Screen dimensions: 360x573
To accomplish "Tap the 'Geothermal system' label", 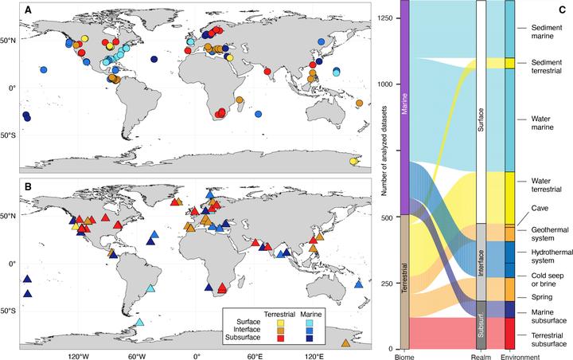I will [x=546, y=233].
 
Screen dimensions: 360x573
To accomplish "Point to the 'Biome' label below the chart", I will [x=404, y=355].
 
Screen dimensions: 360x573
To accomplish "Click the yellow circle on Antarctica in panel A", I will [x=353, y=162].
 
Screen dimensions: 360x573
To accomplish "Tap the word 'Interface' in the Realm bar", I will [x=480, y=262].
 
